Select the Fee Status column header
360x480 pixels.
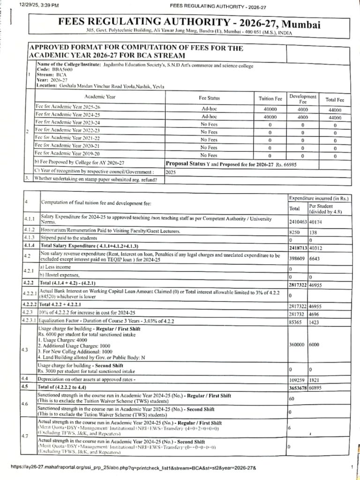pos(209,98)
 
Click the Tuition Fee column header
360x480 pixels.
pos(270,98)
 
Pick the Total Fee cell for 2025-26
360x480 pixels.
pos(335,110)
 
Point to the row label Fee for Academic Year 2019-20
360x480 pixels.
pos(68,154)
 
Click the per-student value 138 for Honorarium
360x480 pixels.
pos(314,232)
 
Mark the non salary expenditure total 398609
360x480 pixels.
pos(298,259)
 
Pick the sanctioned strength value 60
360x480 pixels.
pos(291,398)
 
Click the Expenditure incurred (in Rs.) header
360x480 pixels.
pos(318,198)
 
